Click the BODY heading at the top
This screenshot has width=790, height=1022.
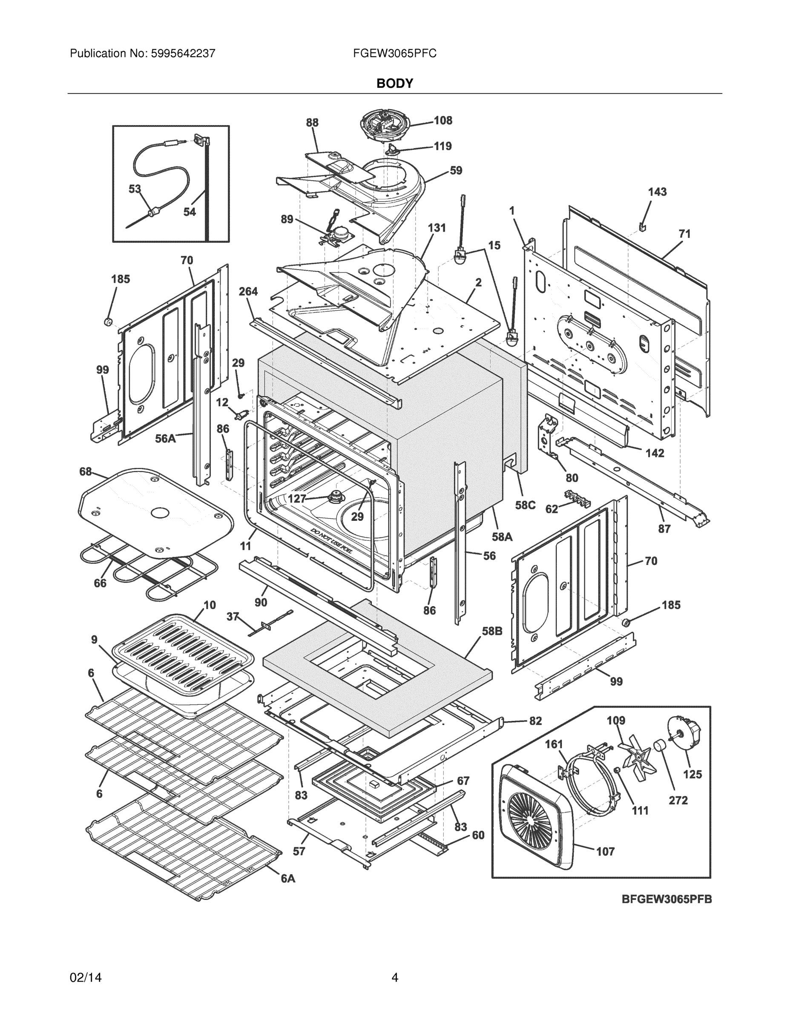tap(394, 83)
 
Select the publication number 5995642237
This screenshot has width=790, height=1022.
tap(183, 53)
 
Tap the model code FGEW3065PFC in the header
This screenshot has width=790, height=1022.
tap(394, 53)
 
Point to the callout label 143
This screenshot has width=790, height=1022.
tap(657, 192)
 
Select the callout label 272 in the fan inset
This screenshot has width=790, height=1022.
tap(678, 800)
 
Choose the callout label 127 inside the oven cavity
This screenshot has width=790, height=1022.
tap(297, 499)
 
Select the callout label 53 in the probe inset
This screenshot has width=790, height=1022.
tap(135, 189)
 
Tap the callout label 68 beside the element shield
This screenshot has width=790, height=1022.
tap(86, 472)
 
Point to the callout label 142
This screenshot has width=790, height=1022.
tap(655, 453)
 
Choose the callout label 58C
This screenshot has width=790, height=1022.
tap(525, 505)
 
